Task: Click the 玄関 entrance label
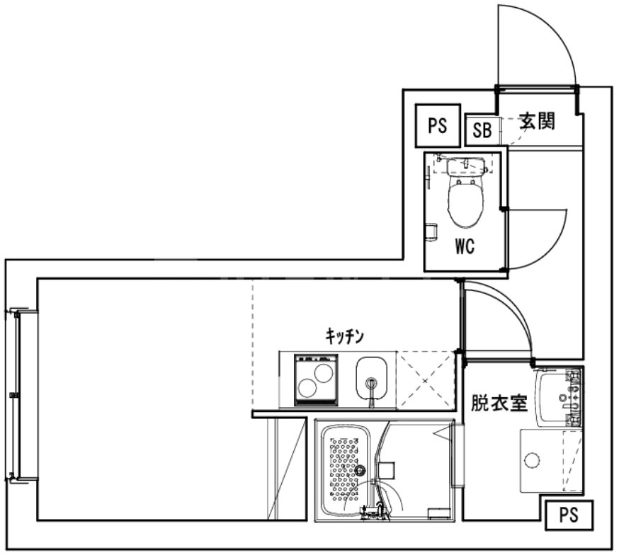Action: click(536, 121)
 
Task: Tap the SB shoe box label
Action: click(482, 130)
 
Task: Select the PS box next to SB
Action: click(437, 126)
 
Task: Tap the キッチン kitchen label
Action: click(344, 336)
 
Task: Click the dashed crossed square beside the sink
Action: click(424, 381)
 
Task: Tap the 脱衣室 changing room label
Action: click(499, 404)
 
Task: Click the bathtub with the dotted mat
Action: click(347, 470)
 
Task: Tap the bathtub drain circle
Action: click(360, 470)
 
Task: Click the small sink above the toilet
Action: click(464, 166)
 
